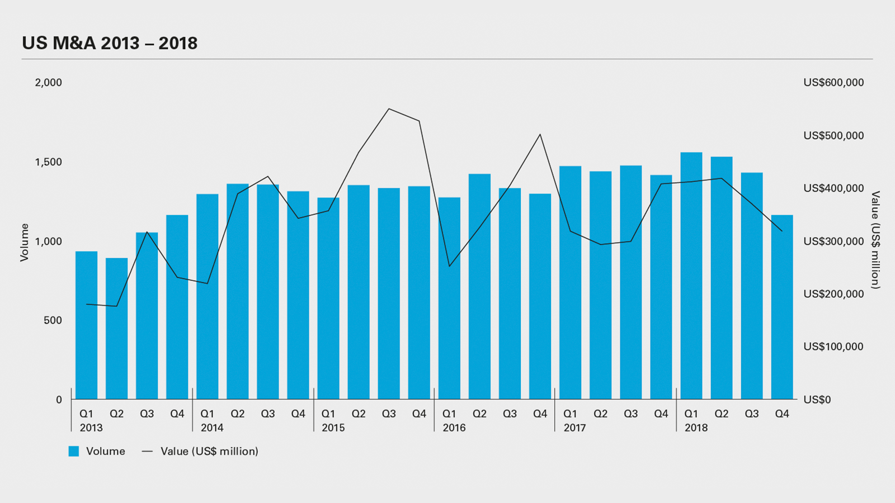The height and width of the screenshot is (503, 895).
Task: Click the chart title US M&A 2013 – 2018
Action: (110, 43)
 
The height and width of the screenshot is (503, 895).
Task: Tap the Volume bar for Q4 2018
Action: (782, 307)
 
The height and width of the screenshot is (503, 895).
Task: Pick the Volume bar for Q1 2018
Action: (691, 276)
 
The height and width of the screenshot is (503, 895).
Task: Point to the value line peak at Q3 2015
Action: (389, 109)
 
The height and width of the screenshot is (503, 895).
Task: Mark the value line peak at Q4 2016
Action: (540, 135)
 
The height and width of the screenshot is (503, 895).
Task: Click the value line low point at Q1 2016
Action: (449, 266)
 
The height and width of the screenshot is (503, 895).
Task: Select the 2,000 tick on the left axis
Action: (49, 83)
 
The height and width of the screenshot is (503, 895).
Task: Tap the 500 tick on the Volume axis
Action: (53, 320)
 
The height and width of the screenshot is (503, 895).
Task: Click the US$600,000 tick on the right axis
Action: (833, 83)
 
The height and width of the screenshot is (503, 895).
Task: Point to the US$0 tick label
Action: (817, 400)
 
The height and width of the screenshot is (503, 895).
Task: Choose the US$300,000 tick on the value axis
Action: (833, 241)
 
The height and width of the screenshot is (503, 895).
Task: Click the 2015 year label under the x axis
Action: (333, 428)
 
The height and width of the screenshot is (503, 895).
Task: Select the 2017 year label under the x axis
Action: (574, 428)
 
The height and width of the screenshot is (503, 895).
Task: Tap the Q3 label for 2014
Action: (268, 414)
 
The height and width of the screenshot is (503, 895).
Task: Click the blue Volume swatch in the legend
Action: (74, 452)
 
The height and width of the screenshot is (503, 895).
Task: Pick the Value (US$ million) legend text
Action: (209, 452)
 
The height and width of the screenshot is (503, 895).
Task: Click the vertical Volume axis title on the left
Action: (25, 242)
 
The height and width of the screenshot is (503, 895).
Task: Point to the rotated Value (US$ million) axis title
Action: (875, 240)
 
